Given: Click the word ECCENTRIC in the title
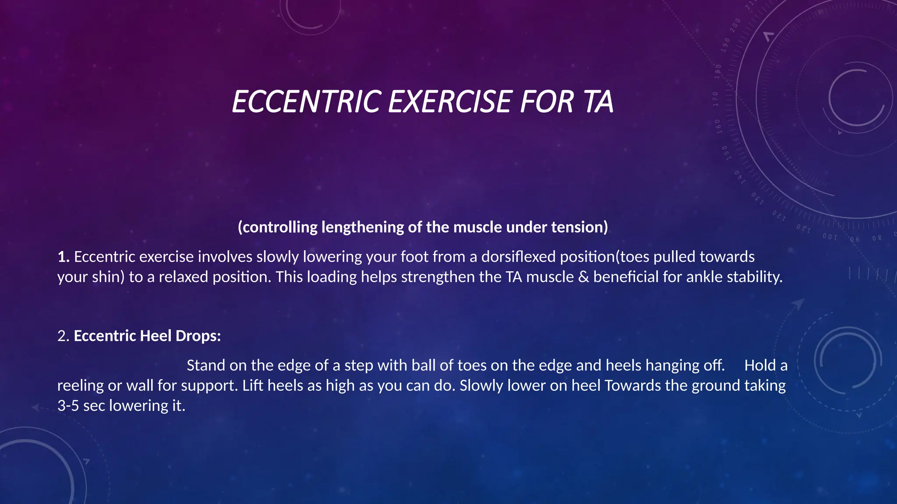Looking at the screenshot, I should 305,101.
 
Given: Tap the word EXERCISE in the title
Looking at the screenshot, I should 450,101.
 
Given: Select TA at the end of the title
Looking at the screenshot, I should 598,101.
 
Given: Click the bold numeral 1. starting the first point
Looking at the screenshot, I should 64,257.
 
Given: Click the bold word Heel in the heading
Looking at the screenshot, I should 155,336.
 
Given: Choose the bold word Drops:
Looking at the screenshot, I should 198,336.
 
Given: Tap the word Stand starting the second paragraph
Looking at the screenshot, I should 206,365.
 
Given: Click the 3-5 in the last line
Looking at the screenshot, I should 68,406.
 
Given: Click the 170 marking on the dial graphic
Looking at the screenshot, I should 715,99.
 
